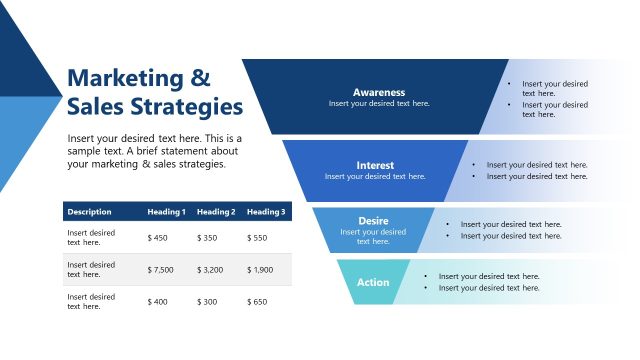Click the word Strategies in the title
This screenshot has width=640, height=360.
pos(191,106)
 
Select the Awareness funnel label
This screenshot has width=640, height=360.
pos(379,92)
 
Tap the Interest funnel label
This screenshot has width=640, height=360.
pos(375,165)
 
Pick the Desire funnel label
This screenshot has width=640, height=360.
pos(373,221)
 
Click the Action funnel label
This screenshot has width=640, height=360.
pos(373,282)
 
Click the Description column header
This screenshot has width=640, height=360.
pos(89,212)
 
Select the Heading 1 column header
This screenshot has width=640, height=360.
pos(166,212)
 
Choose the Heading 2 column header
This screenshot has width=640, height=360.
pos(216,212)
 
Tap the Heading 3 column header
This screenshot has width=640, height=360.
pos(266,212)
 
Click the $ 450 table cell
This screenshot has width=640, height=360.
pos(158,238)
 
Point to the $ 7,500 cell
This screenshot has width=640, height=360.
pos(161,270)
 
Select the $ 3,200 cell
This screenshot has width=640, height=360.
pos(211,270)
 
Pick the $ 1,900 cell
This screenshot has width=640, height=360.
pos(260,270)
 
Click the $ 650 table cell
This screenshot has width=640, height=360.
pos(257,302)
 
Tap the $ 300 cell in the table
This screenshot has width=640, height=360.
pos(207,302)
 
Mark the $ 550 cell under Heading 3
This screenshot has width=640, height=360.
pos(257,238)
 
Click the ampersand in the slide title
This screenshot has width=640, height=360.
pos(200,78)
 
